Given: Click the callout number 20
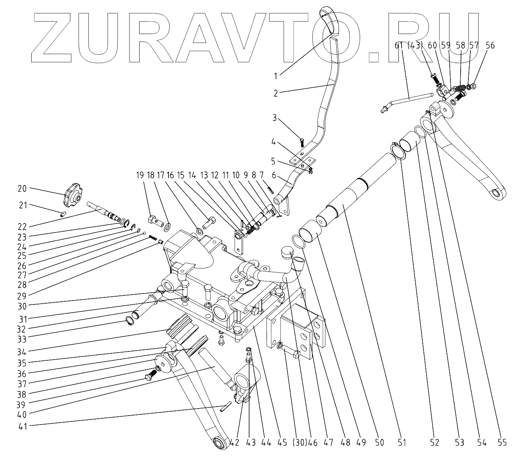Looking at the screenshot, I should click(x=22, y=188).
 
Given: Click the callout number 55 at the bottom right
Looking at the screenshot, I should click(x=502, y=443).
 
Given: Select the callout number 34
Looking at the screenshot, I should click(x=22, y=351).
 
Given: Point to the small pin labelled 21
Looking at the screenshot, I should click(x=63, y=213).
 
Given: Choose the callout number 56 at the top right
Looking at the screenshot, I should click(x=490, y=46).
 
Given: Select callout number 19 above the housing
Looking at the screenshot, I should click(x=140, y=175).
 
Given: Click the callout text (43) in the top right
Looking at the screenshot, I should click(x=415, y=46).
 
